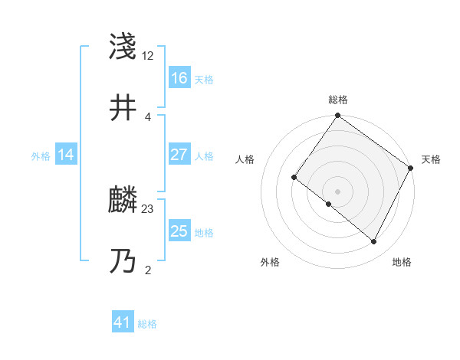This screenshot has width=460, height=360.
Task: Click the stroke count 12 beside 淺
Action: point(148,56)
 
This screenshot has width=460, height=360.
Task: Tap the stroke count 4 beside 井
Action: point(147,116)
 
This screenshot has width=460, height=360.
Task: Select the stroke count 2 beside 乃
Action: point(147,270)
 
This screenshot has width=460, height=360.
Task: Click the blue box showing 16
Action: point(179,78)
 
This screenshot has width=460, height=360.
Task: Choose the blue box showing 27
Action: point(179,155)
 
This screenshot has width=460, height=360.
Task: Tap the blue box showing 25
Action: point(179,231)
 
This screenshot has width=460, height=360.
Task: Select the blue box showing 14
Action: point(66,155)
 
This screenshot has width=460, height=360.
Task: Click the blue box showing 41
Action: point(123,323)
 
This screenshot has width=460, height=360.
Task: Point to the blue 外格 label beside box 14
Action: point(41,155)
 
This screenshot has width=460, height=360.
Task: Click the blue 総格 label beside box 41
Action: point(147,324)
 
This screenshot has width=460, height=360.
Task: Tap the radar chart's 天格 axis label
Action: point(431,159)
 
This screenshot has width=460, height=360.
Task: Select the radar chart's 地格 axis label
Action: point(402,262)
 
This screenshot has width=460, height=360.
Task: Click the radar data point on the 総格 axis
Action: point(337,116)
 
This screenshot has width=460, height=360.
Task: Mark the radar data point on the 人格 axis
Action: point(294,178)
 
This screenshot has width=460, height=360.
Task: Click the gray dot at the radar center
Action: point(337,191)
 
